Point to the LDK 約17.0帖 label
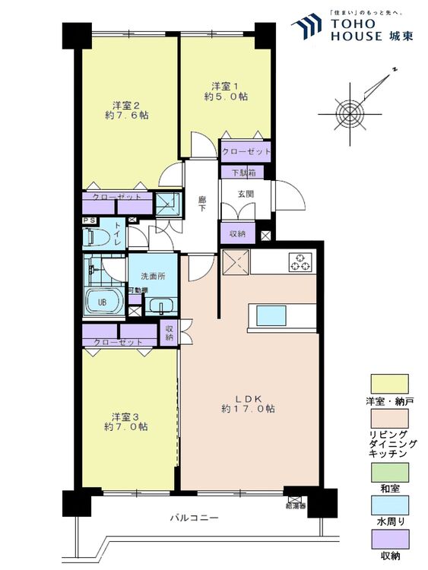tap(248, 404)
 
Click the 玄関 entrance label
tap(245, 194)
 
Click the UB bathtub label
tap(100, 301)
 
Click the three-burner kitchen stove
tap(300, 263)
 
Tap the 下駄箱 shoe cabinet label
tap(243, 173)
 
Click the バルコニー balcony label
tap(194, 518)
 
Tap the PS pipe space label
tap(88, 221)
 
